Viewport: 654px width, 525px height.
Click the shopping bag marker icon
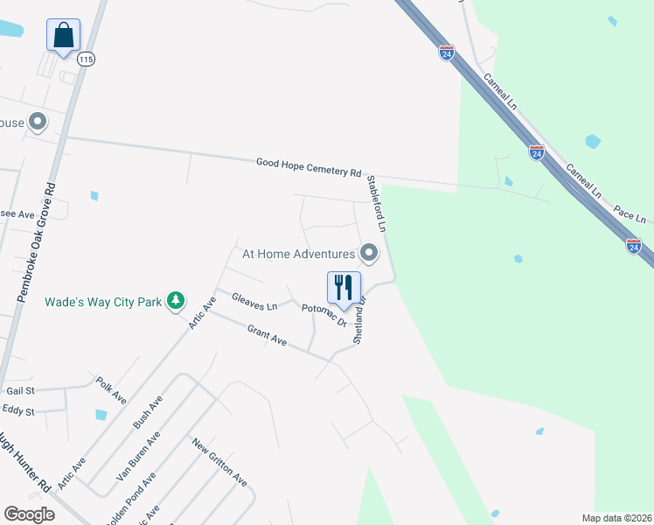tap(63, 36)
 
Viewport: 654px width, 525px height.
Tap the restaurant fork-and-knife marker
tap(344, 287)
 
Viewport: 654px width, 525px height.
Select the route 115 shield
tap(85, 59)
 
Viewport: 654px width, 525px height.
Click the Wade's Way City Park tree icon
tap(176, 300)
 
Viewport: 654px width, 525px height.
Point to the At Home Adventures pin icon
tap(369, 254)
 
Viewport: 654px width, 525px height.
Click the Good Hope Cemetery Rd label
tap(309, 167)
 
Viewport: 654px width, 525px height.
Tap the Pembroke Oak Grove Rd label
tap(37, 243)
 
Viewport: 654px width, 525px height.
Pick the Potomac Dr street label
tap(325, 314)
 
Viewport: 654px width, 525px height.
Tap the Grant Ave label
tap(267, 335)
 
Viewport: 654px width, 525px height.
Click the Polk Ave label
tap(113, 390)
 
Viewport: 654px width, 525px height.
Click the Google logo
tap(29, 514)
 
